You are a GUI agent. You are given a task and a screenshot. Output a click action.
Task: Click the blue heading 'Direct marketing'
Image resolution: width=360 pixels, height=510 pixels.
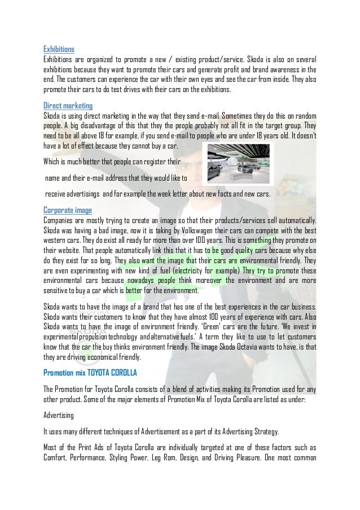pyautogui.click(x=68, y=106)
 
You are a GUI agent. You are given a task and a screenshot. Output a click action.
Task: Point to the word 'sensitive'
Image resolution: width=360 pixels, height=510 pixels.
pyautogui.click(x=59, y=291)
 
